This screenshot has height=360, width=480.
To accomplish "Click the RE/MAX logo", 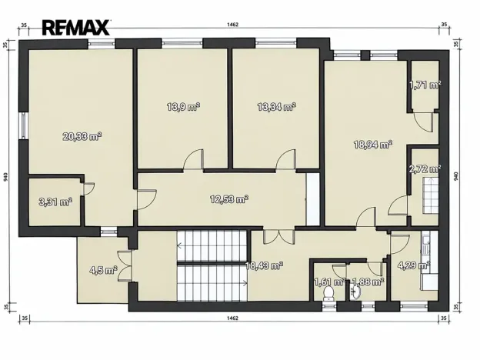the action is tap(75, 28).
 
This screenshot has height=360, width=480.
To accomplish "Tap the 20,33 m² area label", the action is tap(82, 136).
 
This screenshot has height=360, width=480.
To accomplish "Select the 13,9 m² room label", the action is tap(183, 107).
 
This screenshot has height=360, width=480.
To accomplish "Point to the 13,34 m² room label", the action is tap(276, 107).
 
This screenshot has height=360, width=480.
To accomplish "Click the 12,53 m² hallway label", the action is tap(229, 199).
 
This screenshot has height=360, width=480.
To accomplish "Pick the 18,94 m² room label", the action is tap(373, 144).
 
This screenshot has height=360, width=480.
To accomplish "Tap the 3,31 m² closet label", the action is tap(55, 202).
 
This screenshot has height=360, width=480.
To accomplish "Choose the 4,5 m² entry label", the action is tap(103, 270).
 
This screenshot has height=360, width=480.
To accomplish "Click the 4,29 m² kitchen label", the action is tap(414, 265).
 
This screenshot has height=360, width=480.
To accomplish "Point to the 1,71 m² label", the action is tap(425, 85).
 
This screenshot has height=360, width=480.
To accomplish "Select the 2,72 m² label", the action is tap(425, 168).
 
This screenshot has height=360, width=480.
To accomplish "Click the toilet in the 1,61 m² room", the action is tap(328, 293).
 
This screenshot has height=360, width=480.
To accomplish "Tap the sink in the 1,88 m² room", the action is tap(356, 292).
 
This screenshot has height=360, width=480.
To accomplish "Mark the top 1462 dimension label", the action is tap(232, 25).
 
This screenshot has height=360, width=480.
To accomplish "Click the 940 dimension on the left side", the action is tap(6, 177).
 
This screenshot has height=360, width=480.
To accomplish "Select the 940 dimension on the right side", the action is tap(456, 176).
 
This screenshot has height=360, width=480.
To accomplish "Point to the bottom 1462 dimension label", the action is tap(232, 318).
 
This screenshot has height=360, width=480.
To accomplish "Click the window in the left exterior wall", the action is tap(24, 125).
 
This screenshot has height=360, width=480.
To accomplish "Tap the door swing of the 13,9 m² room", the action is tap(194, 159).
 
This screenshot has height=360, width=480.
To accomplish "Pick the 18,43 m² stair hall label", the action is tap(264, 265).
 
